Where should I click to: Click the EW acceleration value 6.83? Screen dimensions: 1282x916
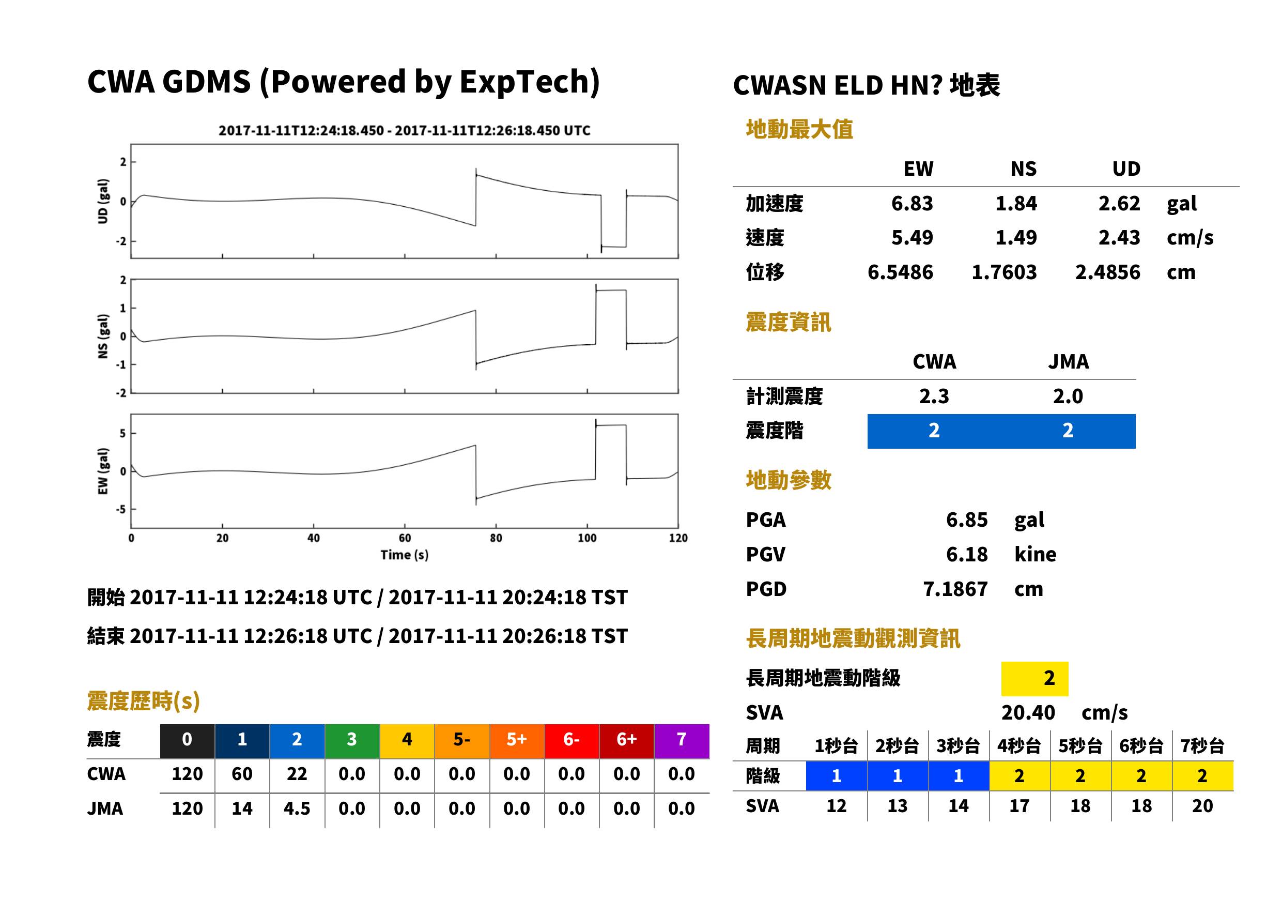tap(911, 203)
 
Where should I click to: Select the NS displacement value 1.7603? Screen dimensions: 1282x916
tap(1003, 272)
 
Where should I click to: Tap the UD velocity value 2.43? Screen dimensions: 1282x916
tap(1119, 237)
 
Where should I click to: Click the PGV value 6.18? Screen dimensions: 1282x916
tap(966, 554)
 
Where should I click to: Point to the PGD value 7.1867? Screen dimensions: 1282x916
tap(955, 589)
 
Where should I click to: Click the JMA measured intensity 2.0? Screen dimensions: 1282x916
tap(1068, 396)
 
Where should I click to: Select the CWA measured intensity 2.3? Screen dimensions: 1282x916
tap(934, 396)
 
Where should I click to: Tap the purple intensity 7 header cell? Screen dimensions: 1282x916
tap(682, 741)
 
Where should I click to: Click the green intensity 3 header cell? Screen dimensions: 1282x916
tap(352, 741)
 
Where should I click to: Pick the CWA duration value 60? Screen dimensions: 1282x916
tap(242, 774)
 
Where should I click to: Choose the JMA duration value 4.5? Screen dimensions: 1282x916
tap(297, 808)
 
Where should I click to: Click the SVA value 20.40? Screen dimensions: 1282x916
tap(1028, 712)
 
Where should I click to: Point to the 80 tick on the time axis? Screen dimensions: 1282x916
tap(496, 538)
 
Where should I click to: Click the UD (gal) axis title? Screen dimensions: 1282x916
tap(103, 202)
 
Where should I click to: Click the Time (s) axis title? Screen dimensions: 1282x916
tap(404, 555)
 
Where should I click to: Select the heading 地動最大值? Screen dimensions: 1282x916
tap(799, 129)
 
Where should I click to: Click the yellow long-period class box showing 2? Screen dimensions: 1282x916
tap(1034, 679)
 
